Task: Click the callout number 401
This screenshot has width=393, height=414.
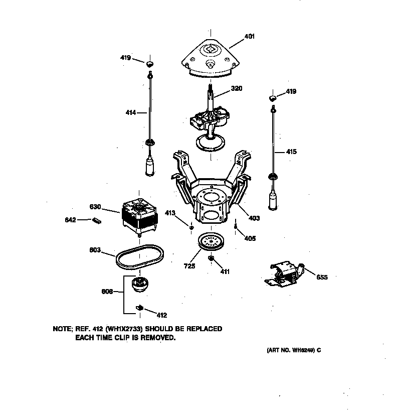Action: pos(249,36)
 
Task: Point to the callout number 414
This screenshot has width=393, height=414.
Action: pos(131,112)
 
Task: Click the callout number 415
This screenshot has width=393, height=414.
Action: pos(291,152)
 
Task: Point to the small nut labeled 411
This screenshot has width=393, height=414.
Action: pos(211,258)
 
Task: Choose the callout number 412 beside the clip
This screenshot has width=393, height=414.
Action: pos(161,315)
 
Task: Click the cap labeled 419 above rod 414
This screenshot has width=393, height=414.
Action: pos(149,64)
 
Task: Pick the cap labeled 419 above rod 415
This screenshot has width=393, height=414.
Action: pos(273,97)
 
